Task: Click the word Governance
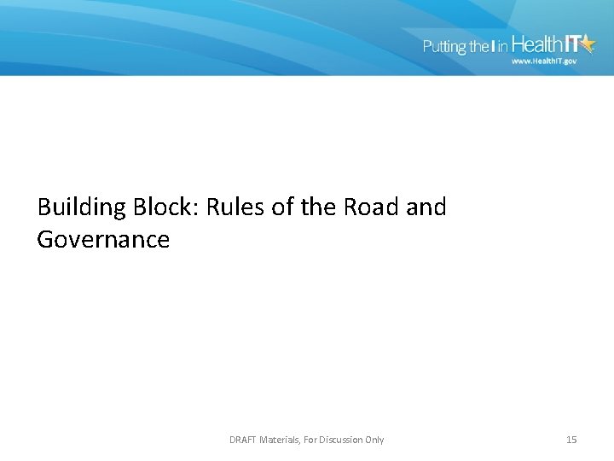point(103,240)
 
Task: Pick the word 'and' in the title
point(426,207)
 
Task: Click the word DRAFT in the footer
point(244,440)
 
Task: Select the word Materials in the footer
point(281,440)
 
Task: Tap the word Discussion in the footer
point(341,440)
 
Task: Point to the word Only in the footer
point(374,440)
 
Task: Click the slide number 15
point(571,440)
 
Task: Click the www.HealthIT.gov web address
point(544,61)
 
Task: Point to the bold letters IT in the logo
point(547,44)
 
